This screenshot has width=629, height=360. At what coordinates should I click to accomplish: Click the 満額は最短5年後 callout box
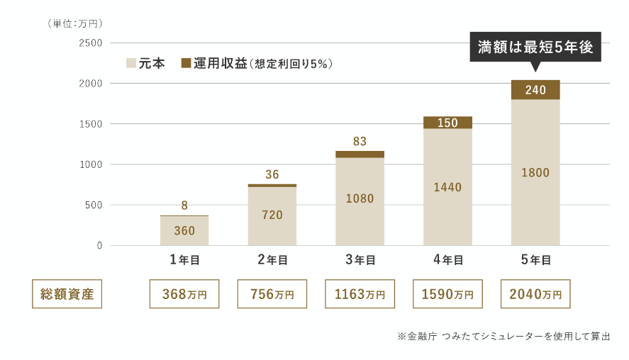point(535,47)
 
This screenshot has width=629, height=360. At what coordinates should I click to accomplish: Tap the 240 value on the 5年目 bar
point(535,90)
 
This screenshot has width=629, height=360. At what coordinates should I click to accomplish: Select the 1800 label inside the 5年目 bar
point(535,172)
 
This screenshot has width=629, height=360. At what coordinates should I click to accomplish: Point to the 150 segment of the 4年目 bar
point(447,123)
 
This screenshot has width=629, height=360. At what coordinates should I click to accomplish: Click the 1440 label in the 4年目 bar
point(447,187)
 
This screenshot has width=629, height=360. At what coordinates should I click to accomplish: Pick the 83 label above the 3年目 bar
point(360,141)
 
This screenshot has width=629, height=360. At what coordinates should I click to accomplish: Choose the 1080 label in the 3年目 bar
point(360,198)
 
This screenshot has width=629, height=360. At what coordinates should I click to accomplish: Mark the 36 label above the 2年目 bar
point(272,174)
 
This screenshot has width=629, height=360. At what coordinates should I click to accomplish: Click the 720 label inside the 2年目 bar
point(272,215)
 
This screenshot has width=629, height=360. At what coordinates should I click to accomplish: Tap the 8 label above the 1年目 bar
point(184,206)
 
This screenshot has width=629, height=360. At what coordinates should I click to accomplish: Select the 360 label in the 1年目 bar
point(184,230)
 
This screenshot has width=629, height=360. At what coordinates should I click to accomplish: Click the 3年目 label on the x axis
point(360,260)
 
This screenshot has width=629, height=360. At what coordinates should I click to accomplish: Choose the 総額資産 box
point(67,293)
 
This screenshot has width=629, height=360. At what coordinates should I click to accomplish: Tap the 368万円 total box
point(184,293)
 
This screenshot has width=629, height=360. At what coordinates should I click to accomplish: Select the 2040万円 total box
point(535,293)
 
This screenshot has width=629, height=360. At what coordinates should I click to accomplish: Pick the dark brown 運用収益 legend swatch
point(187,63)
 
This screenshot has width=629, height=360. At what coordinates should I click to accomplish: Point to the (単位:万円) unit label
point(75,23)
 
